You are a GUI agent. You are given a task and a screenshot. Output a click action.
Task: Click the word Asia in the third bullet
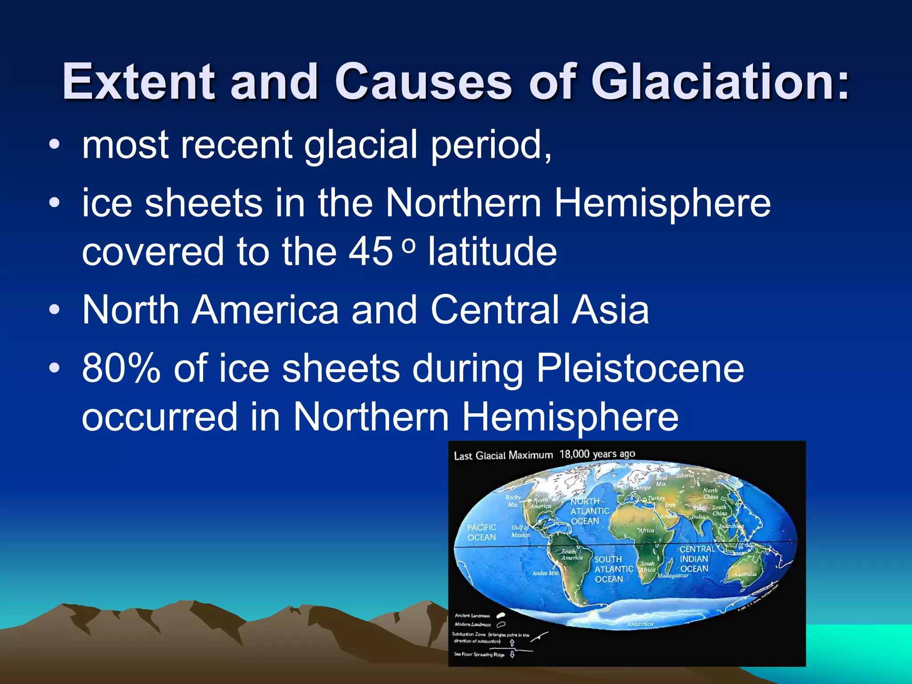click(610, 310)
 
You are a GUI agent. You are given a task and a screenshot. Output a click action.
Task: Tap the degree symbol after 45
click(408, 245)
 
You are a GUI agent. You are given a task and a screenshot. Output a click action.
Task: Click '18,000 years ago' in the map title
click(597, 454)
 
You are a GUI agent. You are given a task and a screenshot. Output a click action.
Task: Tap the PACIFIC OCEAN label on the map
click(481, 532)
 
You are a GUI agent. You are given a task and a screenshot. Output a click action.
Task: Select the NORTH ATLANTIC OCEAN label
click(590, 511)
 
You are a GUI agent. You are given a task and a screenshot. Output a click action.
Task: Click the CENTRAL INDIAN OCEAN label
click(696, 559)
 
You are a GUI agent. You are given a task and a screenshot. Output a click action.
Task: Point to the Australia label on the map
click(745, 574)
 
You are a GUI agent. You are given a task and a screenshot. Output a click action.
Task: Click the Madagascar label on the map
click(672, 576)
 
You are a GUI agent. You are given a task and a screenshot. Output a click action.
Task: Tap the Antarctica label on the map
click(640, 624)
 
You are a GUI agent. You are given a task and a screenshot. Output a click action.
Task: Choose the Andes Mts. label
click(545, 573)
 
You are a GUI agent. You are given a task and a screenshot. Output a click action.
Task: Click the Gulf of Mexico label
click(520, 531)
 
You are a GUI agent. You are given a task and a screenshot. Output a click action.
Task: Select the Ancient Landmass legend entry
click(472, 615)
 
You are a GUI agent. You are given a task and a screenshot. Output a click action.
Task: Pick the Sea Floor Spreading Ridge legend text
click(479, 654)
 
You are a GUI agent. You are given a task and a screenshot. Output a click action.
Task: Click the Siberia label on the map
click(685, 476)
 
